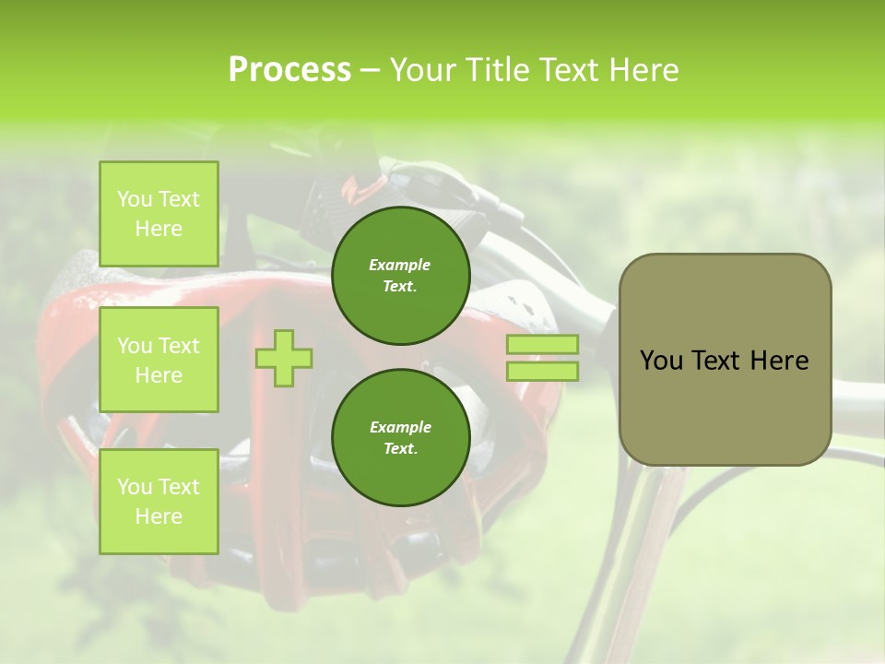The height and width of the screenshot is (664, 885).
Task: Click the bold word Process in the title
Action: click(x=289, y=70)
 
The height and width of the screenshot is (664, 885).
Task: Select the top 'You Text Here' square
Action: click(x=159, y=214)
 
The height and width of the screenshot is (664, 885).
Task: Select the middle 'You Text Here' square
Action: click(x=159, y=360)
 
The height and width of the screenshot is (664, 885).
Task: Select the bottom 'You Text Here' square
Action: click(x=159, y=501)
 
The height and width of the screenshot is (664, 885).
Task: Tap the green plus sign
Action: click(x=284, y=358)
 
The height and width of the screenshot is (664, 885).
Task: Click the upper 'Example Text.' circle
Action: click(x=400, y=275)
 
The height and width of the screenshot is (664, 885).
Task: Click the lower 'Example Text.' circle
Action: click(x=400, y=437)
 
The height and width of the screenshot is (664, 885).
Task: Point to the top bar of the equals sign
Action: click(x=542, y=345)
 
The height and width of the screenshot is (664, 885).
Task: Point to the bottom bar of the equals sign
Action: click(x=542, y=371)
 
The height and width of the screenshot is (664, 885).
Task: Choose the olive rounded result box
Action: click(x=725, y=406)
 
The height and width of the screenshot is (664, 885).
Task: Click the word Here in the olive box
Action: click(x=779, y=361)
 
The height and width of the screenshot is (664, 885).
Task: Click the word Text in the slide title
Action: click(x=570, y=70)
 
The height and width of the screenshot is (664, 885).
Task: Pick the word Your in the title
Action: click(x=423, y=70)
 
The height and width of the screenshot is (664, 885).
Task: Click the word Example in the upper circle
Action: click(x=400, y=265)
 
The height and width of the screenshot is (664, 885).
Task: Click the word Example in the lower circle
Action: click(x=400, y=427)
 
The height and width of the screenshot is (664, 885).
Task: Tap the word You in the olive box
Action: click(x=660, y=361)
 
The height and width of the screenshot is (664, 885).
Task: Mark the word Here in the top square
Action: click(x=159, y=229)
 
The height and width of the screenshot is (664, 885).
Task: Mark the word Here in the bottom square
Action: click(x=159, y=516)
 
